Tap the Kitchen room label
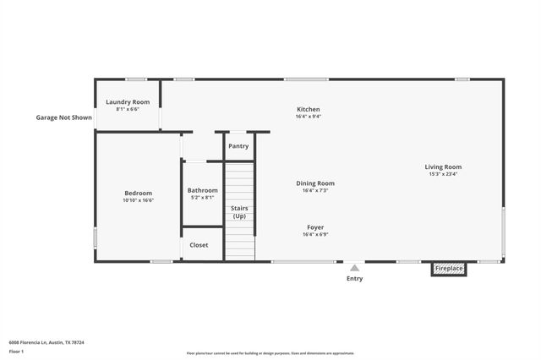308,109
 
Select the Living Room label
443,166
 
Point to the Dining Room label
314,183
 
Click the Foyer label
314,226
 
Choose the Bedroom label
138,193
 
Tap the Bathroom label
202,190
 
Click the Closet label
199,245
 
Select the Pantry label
238,145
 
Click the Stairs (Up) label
239,211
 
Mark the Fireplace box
449,269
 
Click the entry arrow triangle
354,267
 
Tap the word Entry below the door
354,279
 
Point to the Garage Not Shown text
63,117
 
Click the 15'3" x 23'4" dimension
443,175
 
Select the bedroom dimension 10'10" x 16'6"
138,201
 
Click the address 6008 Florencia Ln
46,342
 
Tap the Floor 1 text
17,351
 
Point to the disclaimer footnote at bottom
270,353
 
